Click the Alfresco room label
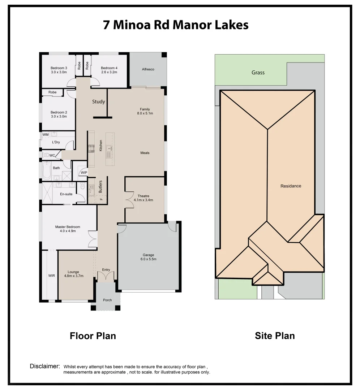148,69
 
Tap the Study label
99,101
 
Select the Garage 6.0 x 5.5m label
149,257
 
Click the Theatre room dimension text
143,200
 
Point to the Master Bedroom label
68,227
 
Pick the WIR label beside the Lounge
52,276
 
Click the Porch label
107,300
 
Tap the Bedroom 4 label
109,68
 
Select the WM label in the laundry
46,135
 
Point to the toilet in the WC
46,155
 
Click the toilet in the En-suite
83,186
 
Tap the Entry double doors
106,275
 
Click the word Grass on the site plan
258,73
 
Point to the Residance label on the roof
291,186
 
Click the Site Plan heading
275,336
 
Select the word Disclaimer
45,366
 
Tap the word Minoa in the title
132,25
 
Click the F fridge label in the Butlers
101,199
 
